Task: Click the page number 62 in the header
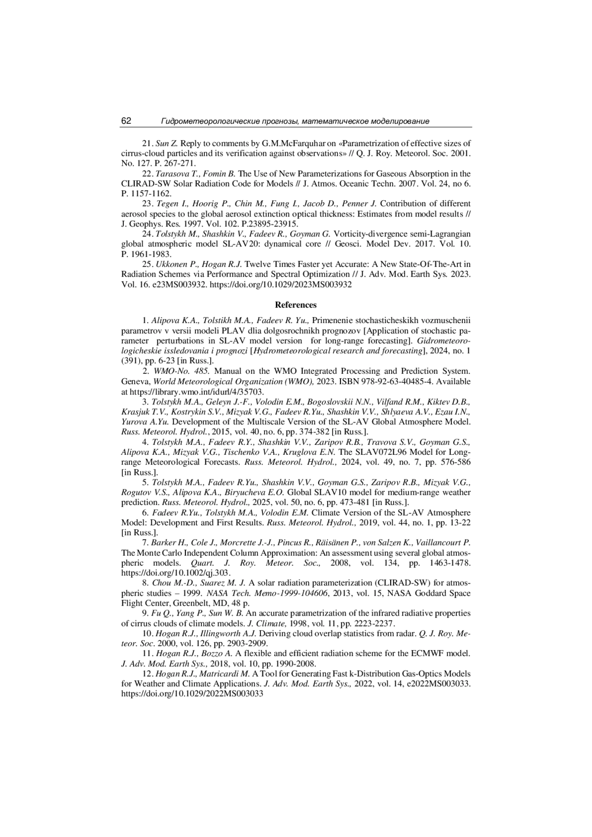[x=126, y=121]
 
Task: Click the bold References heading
[x=296, y=305]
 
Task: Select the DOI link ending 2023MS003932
[x=281, y=285]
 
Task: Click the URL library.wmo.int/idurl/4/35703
[x=193, y=392]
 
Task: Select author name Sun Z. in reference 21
[x=166, y=144]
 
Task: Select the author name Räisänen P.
[x=361, y=543]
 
